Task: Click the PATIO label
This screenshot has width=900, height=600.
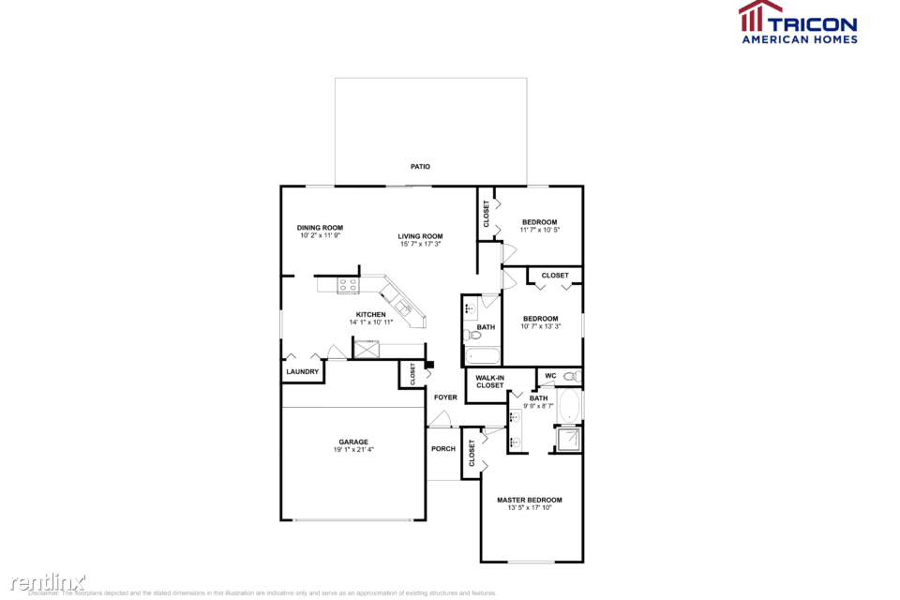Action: [420, 167]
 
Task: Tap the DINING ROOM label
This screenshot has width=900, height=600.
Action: [320, 228]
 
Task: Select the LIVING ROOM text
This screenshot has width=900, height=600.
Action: [419, 236]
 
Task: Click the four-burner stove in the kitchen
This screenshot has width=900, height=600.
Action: [349, 285]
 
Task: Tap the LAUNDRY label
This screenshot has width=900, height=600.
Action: [302, 372]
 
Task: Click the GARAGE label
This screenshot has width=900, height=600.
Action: [353, 442]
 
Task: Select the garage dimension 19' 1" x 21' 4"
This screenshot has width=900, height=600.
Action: [353, 450]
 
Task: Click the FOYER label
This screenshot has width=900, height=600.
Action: [445, 397]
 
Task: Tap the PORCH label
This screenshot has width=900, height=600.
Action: [443, 449]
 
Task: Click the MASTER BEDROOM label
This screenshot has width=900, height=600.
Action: [530, 500]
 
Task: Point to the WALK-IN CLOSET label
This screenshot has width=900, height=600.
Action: [489, 382]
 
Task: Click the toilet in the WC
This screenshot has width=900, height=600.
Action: [571, 376]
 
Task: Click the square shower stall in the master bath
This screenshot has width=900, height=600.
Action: [567, 439]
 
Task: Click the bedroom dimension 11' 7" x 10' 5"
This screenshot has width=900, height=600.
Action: [540, 230]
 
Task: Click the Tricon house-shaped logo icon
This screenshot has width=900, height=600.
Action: [760, 17]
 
